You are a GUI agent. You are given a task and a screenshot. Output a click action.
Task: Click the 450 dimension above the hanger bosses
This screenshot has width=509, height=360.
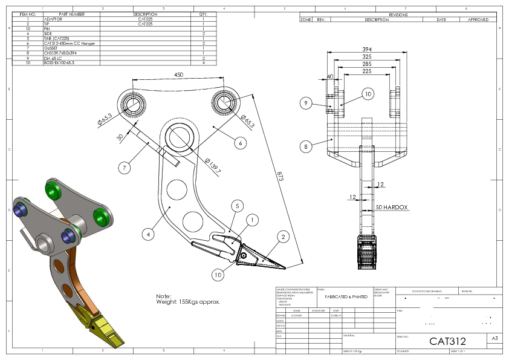pyautogui.click(x=179, y=75)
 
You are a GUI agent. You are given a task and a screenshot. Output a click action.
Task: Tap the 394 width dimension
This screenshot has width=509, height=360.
pyautogui.click(x=367, y=50)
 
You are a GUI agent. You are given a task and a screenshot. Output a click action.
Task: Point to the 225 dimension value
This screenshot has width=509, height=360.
pyautogui.click(x=367, y=71)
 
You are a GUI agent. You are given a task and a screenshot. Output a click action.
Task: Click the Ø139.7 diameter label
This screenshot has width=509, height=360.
pyautogui.click(x=213, y=166)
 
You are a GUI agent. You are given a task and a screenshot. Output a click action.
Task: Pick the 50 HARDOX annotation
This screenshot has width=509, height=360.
pyautogui.click(x=392, y=208)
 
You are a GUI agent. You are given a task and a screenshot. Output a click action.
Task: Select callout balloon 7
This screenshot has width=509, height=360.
pyautogui.click(x=125, y=168)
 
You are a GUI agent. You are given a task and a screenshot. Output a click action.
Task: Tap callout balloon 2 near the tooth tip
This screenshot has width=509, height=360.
pyautogui.click(x=282, y=236)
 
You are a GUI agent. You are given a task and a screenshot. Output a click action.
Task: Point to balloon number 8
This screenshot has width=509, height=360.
pyautogui.click(x=306, y=146)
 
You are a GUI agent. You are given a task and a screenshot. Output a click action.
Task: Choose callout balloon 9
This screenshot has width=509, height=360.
pyautogui.click(x=306, y=103)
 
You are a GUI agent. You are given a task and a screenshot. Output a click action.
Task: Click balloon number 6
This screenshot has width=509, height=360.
pyautogui.click(x=240, y=143)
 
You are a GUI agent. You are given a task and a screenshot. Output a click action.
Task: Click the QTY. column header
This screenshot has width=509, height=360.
pyautogui.click(x=203, y=14)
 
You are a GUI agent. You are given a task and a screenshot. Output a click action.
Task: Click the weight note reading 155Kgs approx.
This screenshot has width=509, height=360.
pyautogui.click(x=188, y=301)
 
